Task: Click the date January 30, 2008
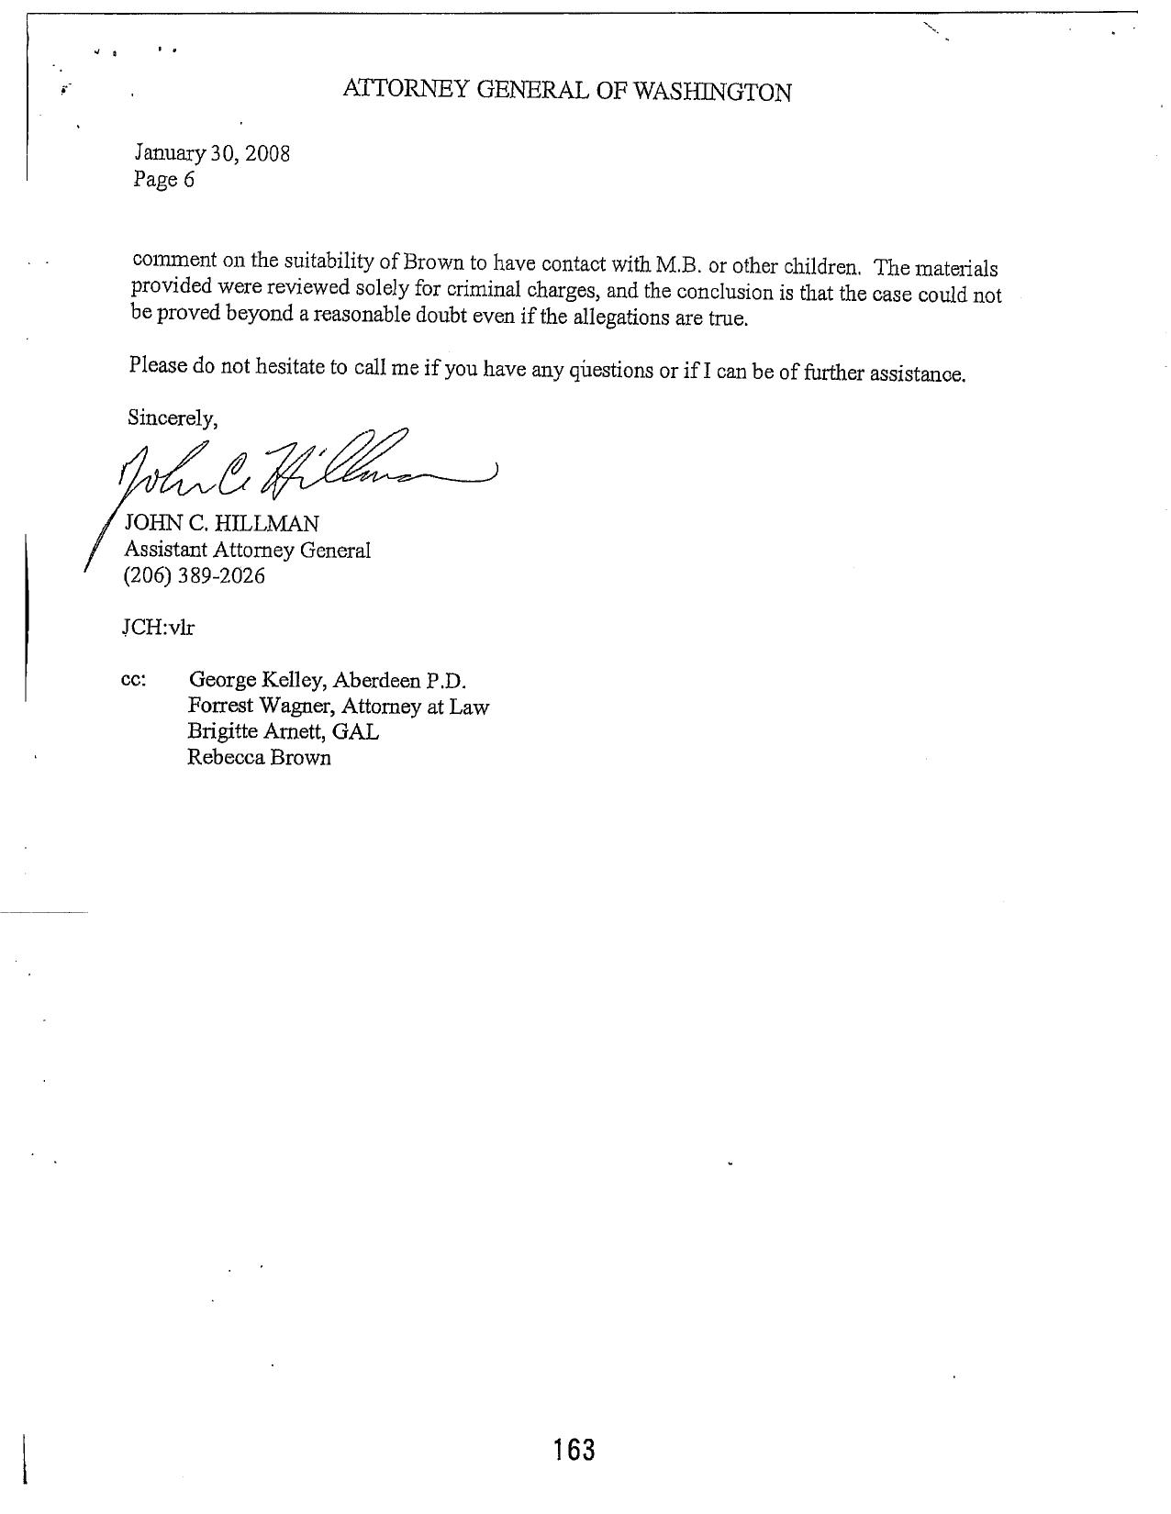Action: tap(212, 153)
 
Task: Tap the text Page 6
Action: tap(164, 179)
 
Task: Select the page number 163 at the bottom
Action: tap(574, 1450)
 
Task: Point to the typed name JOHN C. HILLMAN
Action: tap(222, 524)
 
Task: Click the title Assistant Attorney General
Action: tap(248, 550)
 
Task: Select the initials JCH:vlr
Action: tap(158, 628)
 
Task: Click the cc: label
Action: tap(133, 681)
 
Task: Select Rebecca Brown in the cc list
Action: tap(259, 758)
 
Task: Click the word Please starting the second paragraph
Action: tap(158, 365)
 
